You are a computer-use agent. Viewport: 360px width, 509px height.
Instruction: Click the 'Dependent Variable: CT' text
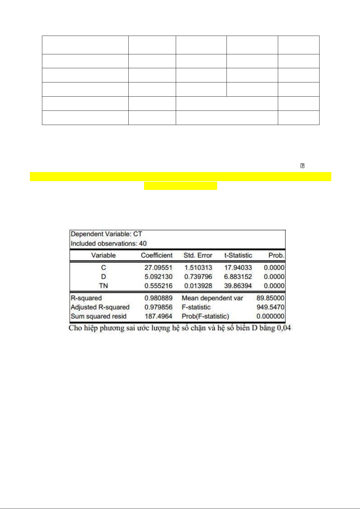(x=106, y=234)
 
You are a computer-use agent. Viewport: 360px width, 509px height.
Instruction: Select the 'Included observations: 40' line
(x=109, y=243)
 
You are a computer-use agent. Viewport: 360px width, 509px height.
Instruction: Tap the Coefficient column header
(x=157, y=255)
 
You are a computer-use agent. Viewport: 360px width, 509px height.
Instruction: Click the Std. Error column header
(x=198, y=255)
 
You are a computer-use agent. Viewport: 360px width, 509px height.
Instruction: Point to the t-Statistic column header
(x=238, y=255)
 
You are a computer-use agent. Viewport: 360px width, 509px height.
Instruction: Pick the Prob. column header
(x=276, y=255)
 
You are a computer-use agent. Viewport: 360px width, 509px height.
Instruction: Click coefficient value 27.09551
(x=158, y=268)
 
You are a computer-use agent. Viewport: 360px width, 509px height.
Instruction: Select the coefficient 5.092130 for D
(x=158, y=277)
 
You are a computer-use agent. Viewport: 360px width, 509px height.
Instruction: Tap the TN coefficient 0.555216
(x=158, y=286)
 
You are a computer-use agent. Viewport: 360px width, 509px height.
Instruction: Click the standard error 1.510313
(x=198, y=268)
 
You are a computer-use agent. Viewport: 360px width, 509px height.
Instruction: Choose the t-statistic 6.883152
(x=238, y=277)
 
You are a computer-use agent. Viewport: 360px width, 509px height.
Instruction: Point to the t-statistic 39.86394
(x=238, y=286)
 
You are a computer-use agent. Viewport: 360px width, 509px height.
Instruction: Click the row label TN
(x=103, y=286)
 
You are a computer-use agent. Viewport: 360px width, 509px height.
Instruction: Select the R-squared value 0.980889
(x=158, y=298)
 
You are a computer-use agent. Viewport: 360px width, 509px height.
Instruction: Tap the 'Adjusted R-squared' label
(x=100, y=307)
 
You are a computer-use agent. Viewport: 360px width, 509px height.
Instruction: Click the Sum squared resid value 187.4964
(x=158, y=316)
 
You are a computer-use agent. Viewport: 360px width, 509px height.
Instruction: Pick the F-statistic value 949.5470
(x=270, y=307)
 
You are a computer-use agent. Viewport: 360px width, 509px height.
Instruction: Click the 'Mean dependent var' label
(x=212, y=298)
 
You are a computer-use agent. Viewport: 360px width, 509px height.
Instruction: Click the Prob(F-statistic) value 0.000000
(x=270, y=316)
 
